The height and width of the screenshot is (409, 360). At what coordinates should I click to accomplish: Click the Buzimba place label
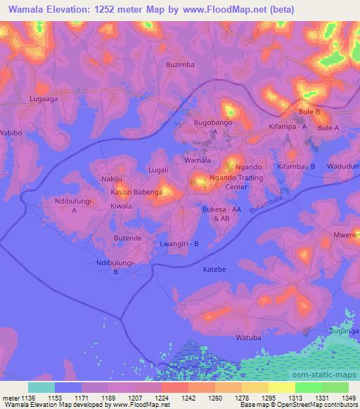coord(180,64)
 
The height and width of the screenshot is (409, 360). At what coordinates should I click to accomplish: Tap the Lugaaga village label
coord(44,100)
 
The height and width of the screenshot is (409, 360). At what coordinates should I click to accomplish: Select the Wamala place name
coord(197,160)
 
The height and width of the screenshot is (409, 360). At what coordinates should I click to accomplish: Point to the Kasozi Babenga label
coord(141,191)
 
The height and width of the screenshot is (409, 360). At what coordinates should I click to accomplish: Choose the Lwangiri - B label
coord(180,244)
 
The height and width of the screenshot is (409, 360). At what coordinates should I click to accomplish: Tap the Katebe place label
coord(214,269)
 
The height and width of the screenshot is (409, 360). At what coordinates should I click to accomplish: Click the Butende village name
coord(128,239)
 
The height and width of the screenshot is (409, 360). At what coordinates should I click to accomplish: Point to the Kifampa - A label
coord(288,126)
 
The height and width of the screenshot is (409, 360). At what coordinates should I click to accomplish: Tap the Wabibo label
coord(11,132)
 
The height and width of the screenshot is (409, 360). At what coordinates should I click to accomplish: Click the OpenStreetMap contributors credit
coord(321,405)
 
